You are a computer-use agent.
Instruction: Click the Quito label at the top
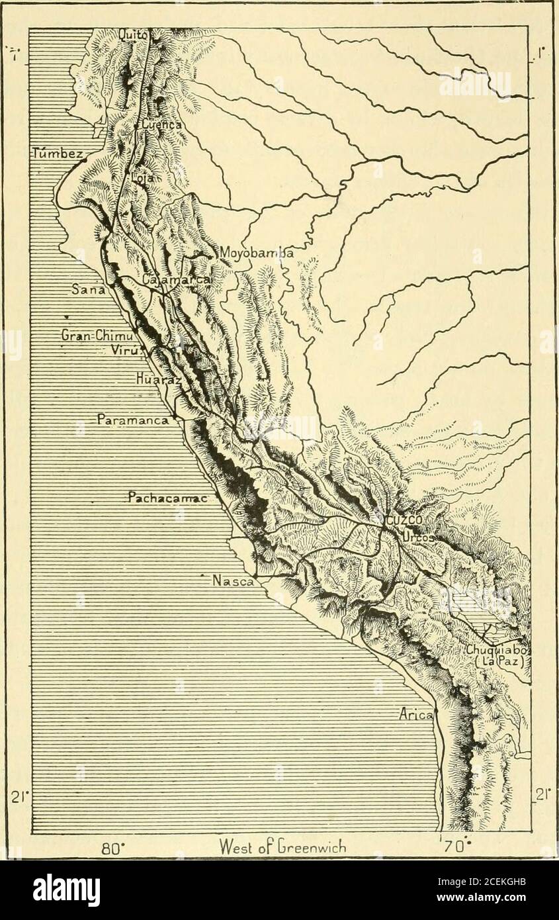(134, 35)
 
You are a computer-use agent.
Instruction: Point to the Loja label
(142, 177)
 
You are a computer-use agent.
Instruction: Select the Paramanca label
(134, 419)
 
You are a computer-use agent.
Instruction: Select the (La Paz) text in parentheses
(501, 663)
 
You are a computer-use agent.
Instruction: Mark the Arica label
(416, 715)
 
